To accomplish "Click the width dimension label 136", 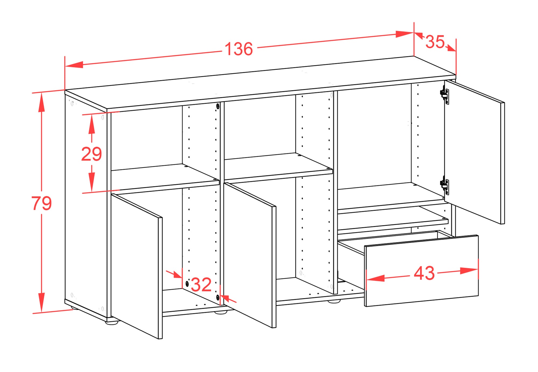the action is [x=239, y=49].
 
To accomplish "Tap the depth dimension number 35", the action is [x=435, y=42].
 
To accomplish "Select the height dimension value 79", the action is [x=41, y=203].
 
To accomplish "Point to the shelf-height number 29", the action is [x=91, y=154].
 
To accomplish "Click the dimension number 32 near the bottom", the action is [x=201, y=285].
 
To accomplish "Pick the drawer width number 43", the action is [x=424, y=273].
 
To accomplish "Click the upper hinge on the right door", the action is [x=445, y=95].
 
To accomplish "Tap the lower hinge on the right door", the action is [x=445, y=185].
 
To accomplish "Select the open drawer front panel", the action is [x=422, y=271].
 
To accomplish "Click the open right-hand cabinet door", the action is [x=475, y=152].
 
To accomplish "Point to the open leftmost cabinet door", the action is [x=137, y=266].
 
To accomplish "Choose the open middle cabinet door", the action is [x=250, y=255].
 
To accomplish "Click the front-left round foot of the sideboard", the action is [x=112, y=322].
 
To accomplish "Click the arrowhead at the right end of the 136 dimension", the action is [x=405, y=34].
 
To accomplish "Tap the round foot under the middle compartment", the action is [x=221, y=312].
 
